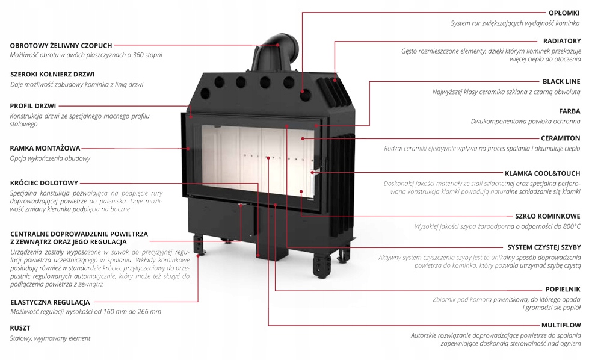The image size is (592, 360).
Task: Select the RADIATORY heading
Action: (562, 40)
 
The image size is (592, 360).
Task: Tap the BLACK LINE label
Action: (561, 81)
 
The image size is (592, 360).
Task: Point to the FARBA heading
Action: (569, 111)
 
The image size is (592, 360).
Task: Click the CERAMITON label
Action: (560, 137)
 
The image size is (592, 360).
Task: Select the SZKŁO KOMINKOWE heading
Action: (547, 215)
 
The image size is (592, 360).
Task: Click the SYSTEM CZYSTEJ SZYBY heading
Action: (543, 247)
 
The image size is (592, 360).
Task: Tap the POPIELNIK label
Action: (563, 289)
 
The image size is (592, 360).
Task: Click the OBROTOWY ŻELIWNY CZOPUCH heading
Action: (61, 45)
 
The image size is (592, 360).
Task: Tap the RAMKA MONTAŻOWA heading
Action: (45, 147)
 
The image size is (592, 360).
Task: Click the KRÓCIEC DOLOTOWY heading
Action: (44, 182)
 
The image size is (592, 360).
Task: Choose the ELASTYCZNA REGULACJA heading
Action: (50, 302)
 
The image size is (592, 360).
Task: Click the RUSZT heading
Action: (20, 328)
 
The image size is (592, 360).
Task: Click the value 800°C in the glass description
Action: (569, 226)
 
